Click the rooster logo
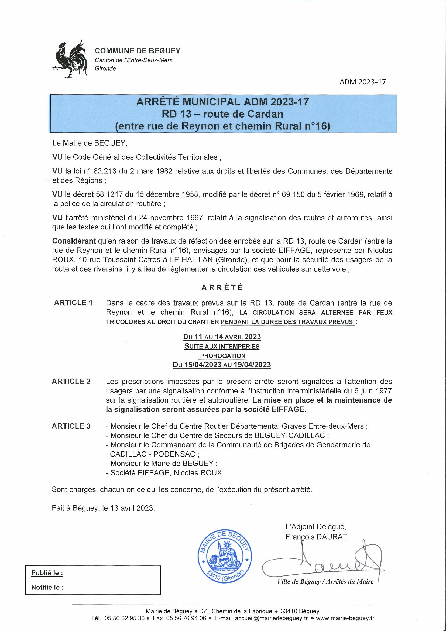[x=70, y=60]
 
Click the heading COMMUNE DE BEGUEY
[x=138, y=51]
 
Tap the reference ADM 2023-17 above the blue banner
[x=362, y=82]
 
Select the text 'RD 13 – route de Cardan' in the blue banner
[x=222, y=114]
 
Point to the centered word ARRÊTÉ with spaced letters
[x=222, y=287]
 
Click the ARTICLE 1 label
[x=73, y=303]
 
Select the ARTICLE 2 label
[x=71, y=382]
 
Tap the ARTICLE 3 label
[x=71, y=426]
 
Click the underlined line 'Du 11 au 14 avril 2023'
[x=222, y=337]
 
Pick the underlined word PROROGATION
[x=222, y=356]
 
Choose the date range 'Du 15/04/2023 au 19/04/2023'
[x=222, y=365]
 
